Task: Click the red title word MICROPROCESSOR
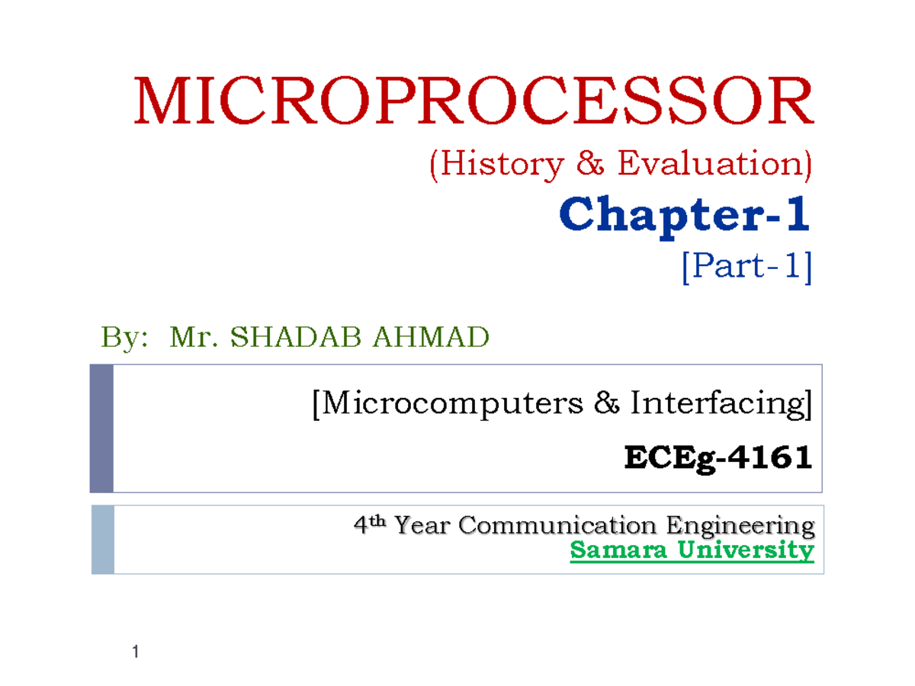pyautogui.click(x=474, y=102)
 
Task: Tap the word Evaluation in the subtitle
pyautogui.click(x=712, y=165)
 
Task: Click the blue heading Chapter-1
pyautogui.click(x=685, y=216)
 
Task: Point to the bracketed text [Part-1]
pyautogui.click(x=747, y=268)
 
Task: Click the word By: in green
pyautogui.click(x=124, y=337)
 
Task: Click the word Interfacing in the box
pyautogui.click(x=718, y=404)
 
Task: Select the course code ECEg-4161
pyautogui.click(x=718, y=459)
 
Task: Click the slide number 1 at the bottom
pyautogui.click(x=135, y=652)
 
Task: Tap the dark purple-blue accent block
pyautogui.click(x=101, y=428)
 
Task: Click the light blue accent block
pyautogui.click(x=102, y=539)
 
